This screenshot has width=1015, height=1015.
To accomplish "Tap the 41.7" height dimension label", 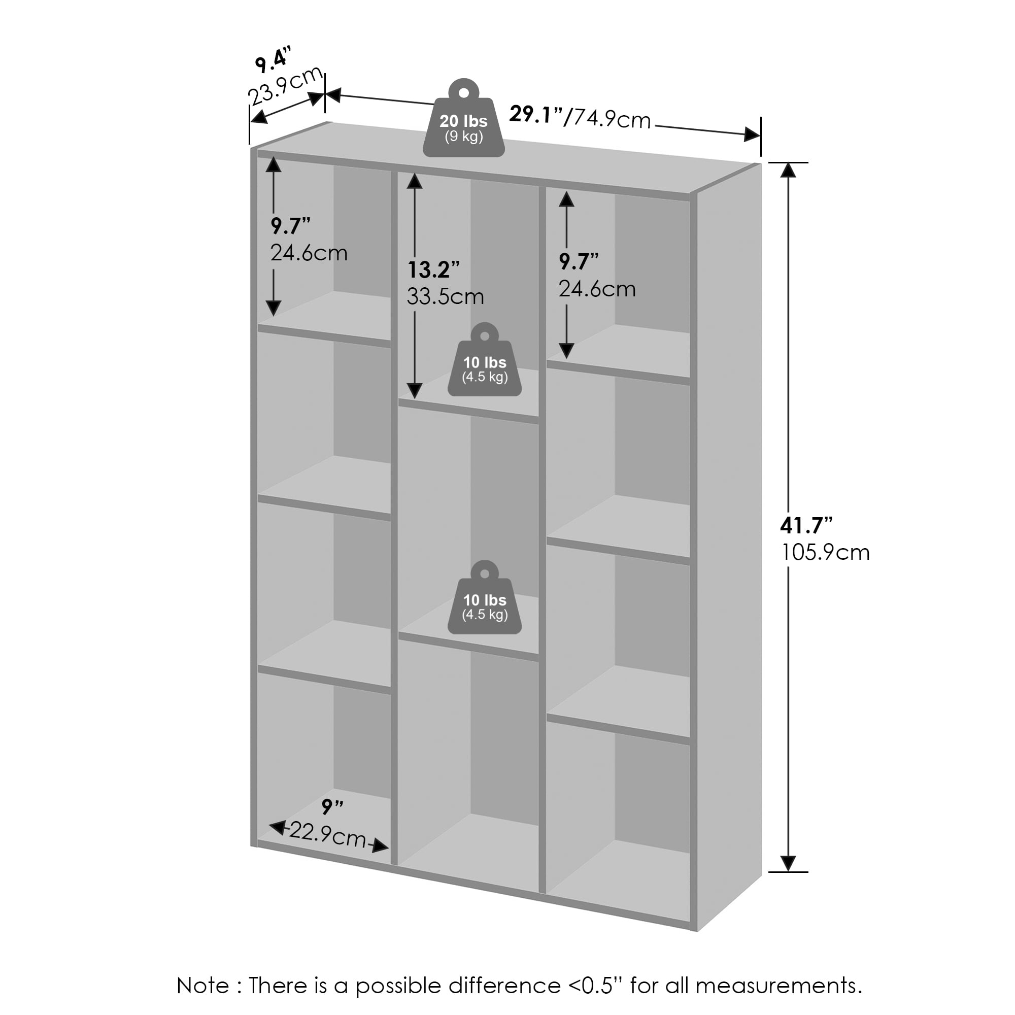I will point(806,525).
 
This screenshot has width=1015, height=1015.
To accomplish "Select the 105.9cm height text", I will point(825,552).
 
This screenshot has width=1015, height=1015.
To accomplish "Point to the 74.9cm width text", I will point(612,119).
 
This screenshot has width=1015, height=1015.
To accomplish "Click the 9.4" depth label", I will point(272,59).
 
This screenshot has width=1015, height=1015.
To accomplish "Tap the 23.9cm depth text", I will point(285,86).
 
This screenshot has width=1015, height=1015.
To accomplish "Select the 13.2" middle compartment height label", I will point(433,270).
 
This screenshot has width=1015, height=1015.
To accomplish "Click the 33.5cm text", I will point(445,297).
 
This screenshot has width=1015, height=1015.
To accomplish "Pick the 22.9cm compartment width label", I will point(327,834).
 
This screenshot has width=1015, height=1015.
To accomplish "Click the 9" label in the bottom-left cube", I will point(332,807).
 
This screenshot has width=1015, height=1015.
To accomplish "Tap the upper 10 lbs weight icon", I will point(484,362).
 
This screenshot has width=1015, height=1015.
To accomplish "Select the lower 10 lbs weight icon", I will point(484,600).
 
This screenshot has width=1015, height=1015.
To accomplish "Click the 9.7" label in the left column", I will point(290,226).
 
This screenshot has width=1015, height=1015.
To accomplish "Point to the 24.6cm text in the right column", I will point(597,289).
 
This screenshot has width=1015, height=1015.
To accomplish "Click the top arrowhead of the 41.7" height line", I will point(788,170).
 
